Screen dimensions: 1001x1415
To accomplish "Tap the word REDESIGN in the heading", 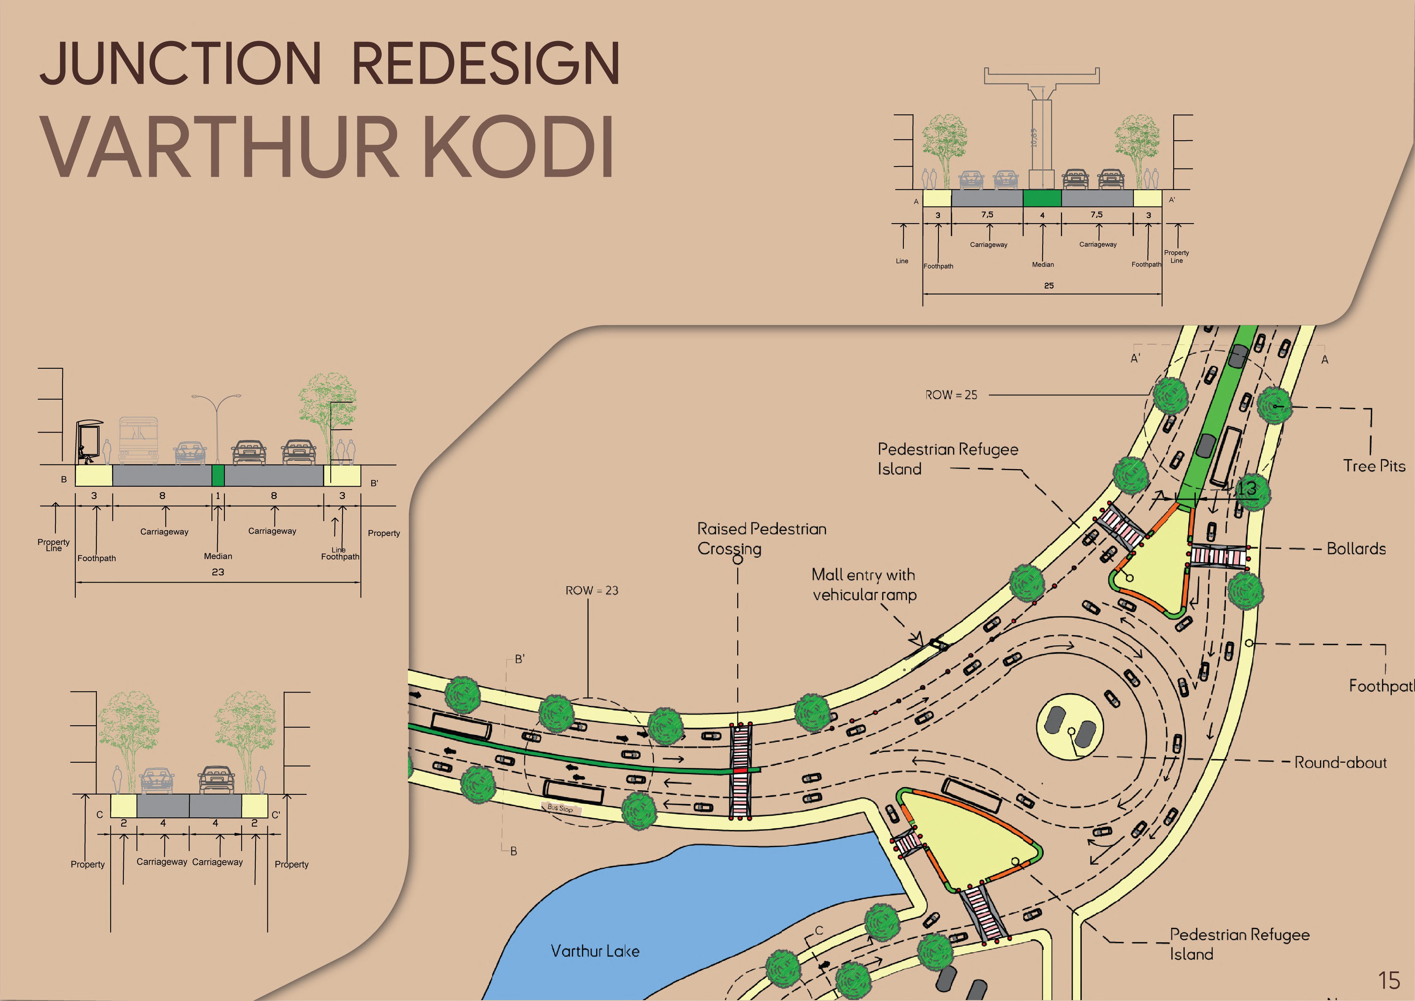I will (x=486, y=64).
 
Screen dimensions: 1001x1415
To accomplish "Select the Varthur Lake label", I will (x=595, y=951).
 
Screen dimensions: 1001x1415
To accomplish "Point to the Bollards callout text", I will (x=1356, y=548).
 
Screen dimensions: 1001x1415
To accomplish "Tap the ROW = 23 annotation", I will (x=592, y=590).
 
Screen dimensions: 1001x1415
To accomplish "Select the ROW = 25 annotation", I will (x=951, y=395).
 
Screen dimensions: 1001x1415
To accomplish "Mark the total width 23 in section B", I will (x=217, y=572).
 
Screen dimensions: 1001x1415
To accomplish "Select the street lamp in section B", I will (x=217, y=425).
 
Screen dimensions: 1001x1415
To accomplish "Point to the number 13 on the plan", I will (x=1247, y=488).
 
